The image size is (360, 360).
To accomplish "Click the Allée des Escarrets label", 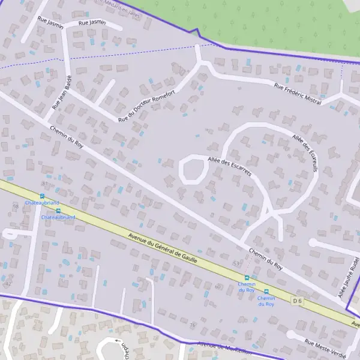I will coord(229,166).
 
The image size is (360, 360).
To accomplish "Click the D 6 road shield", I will coord(297,300).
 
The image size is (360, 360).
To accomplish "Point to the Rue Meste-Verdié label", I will coord(326,347).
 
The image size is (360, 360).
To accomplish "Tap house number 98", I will coord(16,206).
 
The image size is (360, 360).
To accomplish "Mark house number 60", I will coord(217,287).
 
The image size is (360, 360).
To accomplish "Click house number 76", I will coord(193,325).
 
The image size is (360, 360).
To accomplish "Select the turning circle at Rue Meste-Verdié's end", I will coord(291,335).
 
